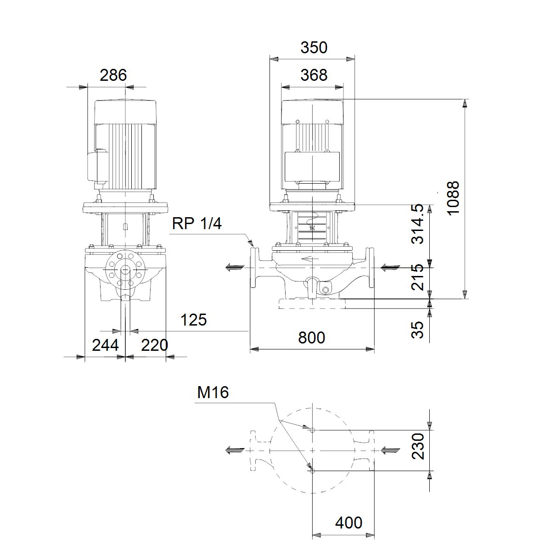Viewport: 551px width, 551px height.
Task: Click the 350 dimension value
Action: click(314, 47)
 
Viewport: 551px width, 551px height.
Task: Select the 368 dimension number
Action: click(314, 75)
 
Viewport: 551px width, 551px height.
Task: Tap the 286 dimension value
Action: click(113, 75)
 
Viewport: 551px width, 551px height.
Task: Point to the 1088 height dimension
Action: click(453, 198)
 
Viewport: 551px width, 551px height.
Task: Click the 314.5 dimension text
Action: click(417, 224)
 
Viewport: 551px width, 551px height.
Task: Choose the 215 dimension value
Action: click(417, 277)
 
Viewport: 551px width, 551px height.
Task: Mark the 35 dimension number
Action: click(417, 330)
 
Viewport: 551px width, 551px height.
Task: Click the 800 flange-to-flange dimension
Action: click(311, 337)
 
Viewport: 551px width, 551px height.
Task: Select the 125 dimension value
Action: click(193, 320)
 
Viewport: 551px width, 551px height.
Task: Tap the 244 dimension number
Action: click(105, 345)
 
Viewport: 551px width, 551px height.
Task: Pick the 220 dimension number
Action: click(154, 345)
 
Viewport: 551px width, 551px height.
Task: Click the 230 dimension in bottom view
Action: click(418, 446)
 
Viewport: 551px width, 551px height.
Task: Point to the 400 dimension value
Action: click(349, 523)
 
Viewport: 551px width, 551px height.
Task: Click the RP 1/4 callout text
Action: click(197, 223)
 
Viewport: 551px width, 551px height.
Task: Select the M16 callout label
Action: click(213, 392)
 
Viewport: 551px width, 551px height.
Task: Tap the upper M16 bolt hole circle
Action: click(312, 430)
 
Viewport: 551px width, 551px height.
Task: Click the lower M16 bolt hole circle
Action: click(312, 471)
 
